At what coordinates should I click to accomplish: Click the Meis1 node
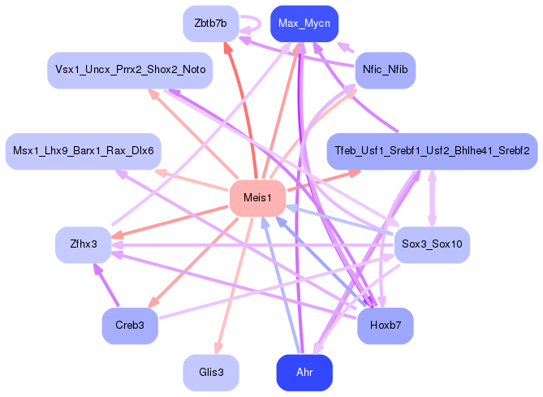[x=256, y=198]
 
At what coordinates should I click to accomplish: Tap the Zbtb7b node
[x=210, y=23]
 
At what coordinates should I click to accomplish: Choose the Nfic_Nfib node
[x=385, y=70]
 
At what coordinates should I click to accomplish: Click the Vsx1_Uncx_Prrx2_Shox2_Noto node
[x=131, y=70]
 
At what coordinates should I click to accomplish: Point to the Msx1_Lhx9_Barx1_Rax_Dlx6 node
[x=84, y=151]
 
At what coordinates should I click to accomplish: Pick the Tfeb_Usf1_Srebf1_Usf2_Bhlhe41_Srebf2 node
[x=431, y=151]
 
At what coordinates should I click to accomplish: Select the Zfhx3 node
[x=84, y=244]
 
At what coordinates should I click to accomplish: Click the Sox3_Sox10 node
[x=431, y=244]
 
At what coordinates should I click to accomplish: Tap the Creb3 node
[x=130, y=326]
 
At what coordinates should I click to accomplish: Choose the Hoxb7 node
[x=385, y=326]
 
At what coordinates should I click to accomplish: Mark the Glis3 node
[x=210, y=373]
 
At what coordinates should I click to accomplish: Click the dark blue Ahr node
[x=304, y=373]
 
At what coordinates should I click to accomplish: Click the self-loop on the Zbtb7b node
[x=254, y=24]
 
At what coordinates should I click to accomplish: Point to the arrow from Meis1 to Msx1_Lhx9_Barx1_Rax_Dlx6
[x=195, y=179]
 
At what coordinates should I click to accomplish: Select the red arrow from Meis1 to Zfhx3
[x=171, y=221]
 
